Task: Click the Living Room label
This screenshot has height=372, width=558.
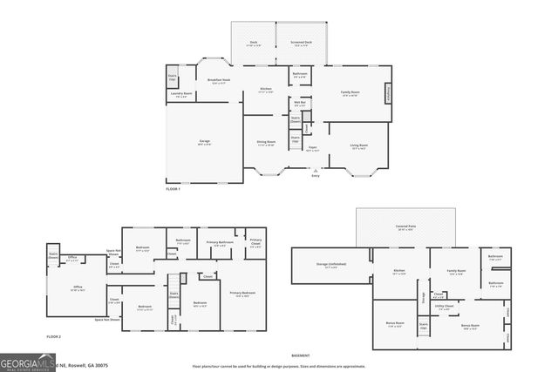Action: (x=359, y=146)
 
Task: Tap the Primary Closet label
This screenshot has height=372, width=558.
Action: (x=255, y=244)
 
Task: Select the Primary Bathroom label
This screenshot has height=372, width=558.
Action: (x=220, y=244)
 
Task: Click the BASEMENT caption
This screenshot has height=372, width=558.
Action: (x=301, y=355)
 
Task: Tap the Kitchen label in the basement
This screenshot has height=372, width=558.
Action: (x=399, y=272)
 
